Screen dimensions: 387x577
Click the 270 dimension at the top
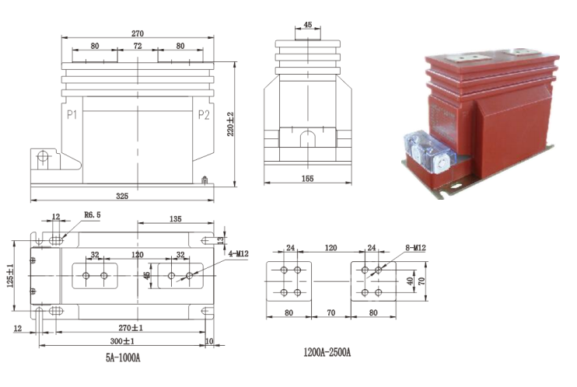[x=138, y=33]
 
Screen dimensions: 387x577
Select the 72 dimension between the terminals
[x=137, y=47]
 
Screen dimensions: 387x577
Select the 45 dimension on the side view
[x=307, y=25]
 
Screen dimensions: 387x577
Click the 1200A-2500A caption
[x=327, y=352]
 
